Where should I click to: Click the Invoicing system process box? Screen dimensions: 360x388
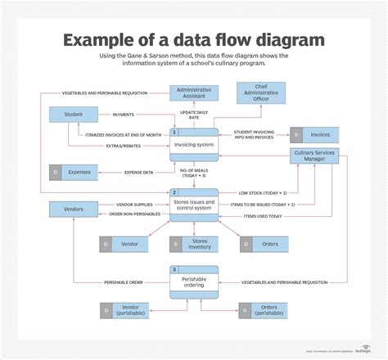tap(194, 144)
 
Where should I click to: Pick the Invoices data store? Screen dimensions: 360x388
tap(312, 135)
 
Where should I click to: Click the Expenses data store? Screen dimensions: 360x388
tap(74, 172)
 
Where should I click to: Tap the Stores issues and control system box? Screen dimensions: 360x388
tap(194, 205)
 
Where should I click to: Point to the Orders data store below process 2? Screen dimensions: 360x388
tap(264, 243)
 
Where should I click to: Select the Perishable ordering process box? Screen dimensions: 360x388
tap(194, 281)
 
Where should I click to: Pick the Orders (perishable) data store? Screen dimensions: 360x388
tap(264, 311)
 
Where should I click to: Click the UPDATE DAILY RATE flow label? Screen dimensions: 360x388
tap(194, 115)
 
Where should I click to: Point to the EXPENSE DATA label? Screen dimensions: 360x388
tap(139, 173)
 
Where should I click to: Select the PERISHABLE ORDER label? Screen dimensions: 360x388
tap(124, 281)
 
